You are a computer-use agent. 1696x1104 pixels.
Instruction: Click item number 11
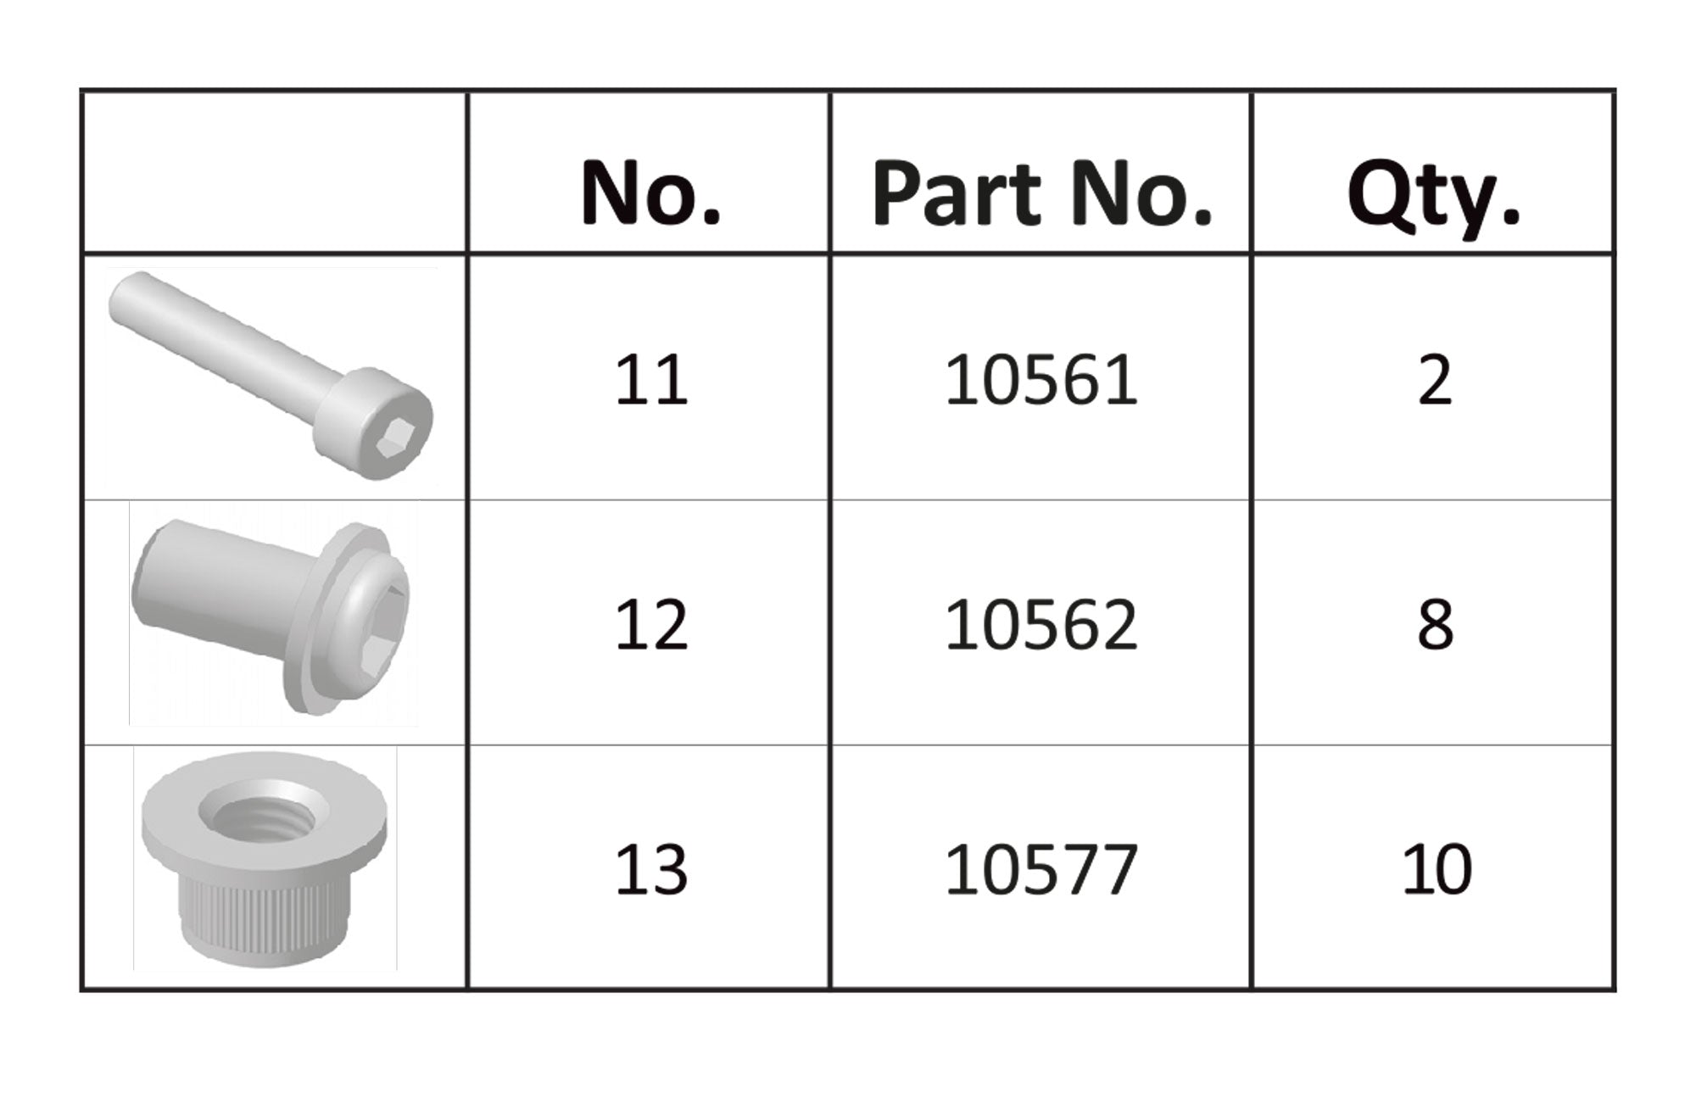(650, 380)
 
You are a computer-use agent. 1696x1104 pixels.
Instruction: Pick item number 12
(650, 625)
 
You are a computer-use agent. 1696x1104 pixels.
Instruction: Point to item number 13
(650, 870)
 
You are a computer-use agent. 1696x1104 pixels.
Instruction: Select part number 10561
(1040, 380)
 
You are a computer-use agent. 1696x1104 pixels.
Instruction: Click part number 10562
(1040, 625)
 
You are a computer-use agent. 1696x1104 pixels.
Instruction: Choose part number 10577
(1040, 870)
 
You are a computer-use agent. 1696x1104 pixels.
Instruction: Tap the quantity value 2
(1435, 380)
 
